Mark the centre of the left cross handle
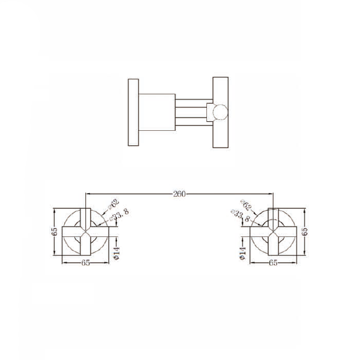pyautogui.click(x=85, y=231)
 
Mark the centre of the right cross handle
pyautogui.click(x=274, y=231)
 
